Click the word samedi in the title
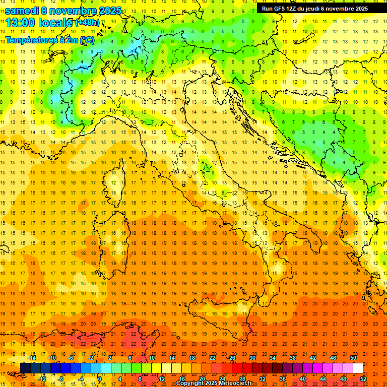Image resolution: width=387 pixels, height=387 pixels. point(22,11)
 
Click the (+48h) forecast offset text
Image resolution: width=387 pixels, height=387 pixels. point(87,23)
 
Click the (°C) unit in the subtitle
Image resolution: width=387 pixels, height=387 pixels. point(87,39)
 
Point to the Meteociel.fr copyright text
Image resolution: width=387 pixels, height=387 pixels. point(214,383)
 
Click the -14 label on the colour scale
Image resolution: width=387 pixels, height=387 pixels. point(34,358)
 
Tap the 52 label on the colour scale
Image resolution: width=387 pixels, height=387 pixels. point(363,379)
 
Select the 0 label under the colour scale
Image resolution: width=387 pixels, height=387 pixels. point(100,379)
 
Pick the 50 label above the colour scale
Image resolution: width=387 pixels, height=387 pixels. point(353,358)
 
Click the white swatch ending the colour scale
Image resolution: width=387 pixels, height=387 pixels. point(358,368)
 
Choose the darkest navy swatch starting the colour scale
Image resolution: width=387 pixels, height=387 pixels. point(25,368)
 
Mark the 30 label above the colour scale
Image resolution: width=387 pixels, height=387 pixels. point(252,358)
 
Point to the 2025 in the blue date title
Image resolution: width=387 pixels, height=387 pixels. point(109,11)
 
